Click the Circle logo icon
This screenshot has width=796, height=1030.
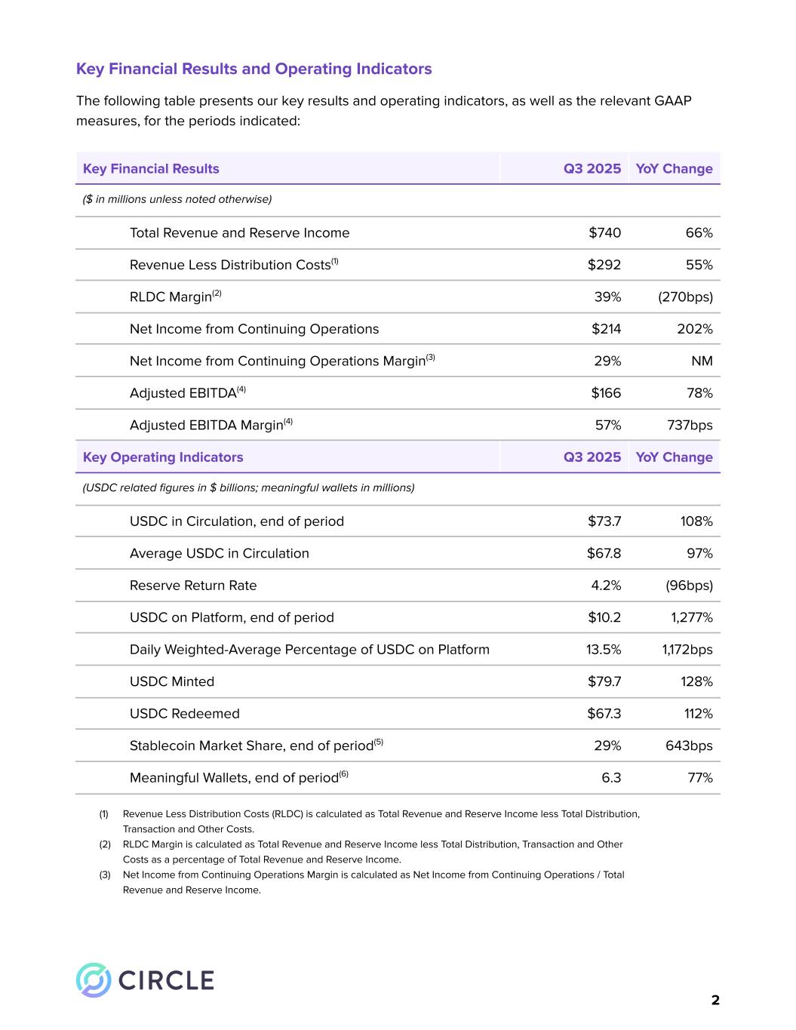94,980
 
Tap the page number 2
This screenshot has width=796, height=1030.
715,1001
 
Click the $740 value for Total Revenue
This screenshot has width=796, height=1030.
604,233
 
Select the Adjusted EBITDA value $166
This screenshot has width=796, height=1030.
606,393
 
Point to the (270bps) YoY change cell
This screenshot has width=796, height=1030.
685,297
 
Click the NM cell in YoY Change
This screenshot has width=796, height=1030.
702,361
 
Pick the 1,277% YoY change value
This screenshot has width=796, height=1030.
692,618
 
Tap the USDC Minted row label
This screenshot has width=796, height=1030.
172,682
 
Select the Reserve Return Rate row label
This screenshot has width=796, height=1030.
193,586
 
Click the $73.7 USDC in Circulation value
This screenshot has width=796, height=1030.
604,521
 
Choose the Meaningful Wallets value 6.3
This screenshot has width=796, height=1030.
611,778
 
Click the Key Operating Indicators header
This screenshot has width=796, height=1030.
163,457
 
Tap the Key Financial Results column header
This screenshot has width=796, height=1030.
151,169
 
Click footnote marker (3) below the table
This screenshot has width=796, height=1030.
105,875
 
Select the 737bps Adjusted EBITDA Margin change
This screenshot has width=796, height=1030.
690,426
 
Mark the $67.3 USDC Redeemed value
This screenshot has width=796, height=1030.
604,714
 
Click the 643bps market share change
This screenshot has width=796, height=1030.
689,746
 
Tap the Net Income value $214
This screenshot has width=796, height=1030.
606,329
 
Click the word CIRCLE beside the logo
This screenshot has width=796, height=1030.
167,980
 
